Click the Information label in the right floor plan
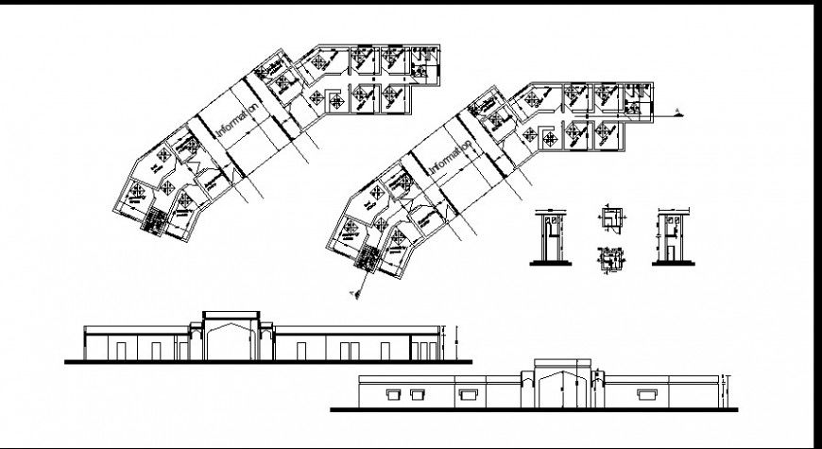click(451, 157)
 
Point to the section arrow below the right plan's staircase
click(356, 294)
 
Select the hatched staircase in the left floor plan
click(151, 220)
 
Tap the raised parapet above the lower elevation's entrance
click(562, 364)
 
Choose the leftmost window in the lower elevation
click(390, 391)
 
